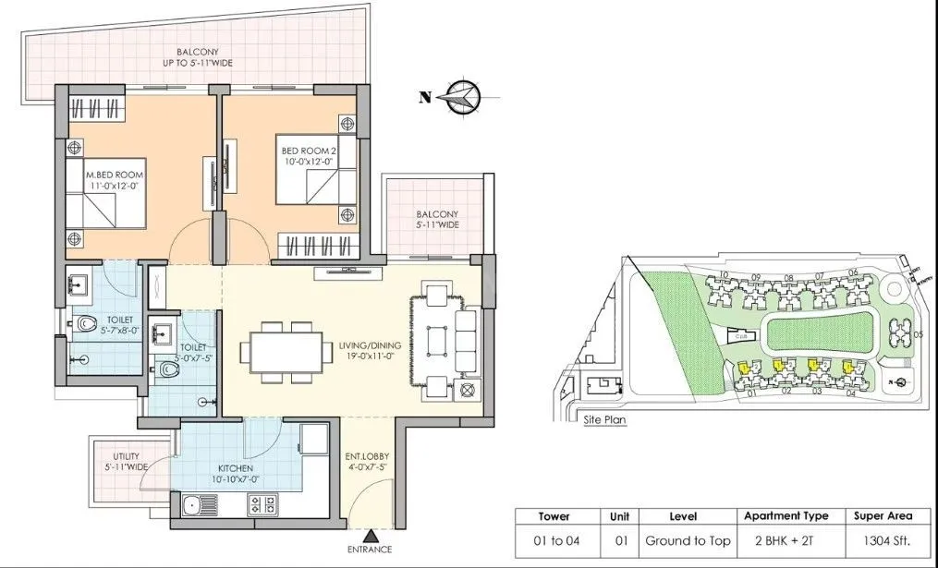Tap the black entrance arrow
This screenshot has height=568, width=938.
pyautogui.click(x=370, y=536)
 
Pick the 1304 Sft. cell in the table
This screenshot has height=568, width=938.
pyautogui.click(x=882, y=540)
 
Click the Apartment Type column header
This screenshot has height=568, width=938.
pyautogui.click(x=786, y=516)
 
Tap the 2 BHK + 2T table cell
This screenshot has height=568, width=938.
pyautogui.click(x=786, y=540)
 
